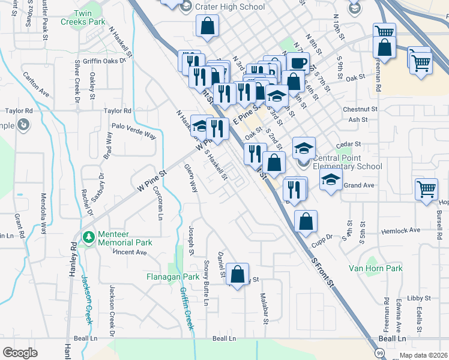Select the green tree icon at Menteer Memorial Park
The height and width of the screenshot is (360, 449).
point(88,238)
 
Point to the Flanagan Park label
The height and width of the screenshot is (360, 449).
point(173,277)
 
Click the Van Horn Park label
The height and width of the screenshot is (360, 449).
point(376,268)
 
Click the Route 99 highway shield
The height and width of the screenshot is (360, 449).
point(379,353)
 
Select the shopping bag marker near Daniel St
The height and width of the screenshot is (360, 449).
point(238,275)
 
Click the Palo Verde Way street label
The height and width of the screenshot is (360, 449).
point(134,132)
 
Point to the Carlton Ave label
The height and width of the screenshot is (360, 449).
point(36,85)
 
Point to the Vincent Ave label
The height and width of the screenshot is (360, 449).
point(130,253)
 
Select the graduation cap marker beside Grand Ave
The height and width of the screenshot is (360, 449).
point(331,179)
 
